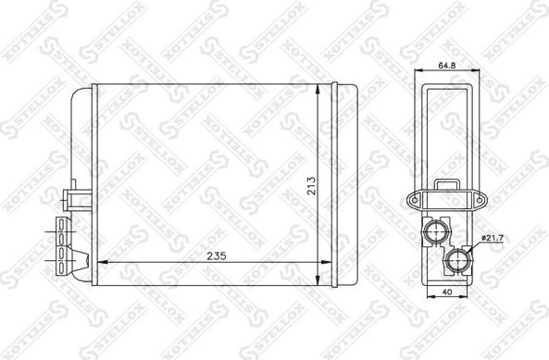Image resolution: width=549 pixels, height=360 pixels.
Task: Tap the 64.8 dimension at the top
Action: tap(446, 67)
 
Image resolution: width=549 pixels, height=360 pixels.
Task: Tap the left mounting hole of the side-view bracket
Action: tap(413, 199)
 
